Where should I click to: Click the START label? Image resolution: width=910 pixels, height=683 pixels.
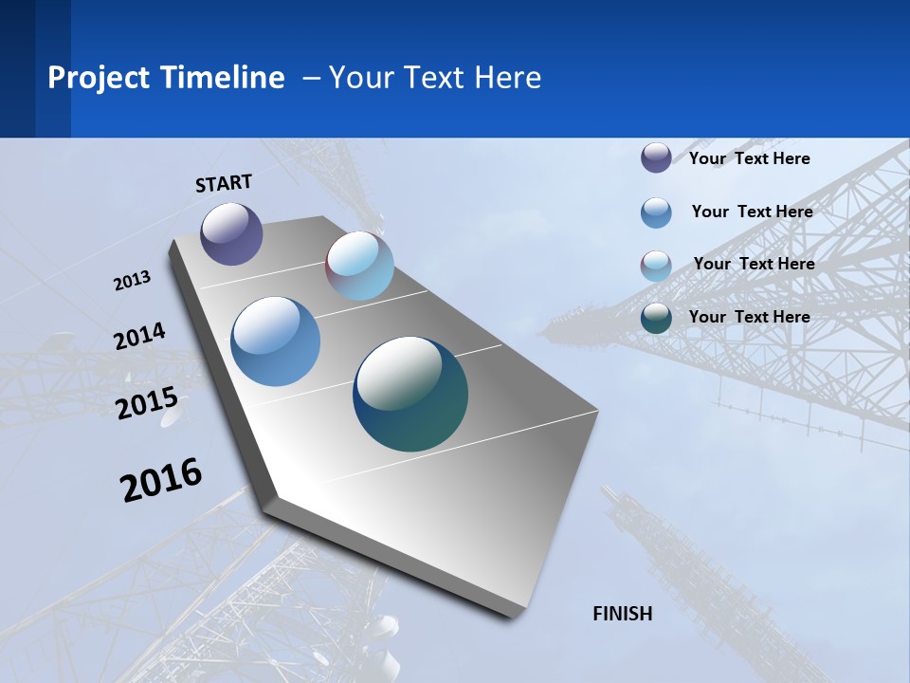coord(224,183)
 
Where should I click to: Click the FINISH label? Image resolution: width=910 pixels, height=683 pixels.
coord(623,614)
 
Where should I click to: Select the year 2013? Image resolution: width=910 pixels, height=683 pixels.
coord(132,281)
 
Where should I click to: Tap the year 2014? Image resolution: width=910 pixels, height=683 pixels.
coord(139,337)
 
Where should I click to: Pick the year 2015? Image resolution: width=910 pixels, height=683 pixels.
coord(147,404)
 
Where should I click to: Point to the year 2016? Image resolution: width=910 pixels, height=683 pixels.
coord(161,480)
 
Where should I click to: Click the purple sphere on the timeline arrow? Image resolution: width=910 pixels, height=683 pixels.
coord(231,233)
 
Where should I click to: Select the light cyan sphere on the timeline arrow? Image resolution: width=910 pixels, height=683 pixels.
coord(359,266)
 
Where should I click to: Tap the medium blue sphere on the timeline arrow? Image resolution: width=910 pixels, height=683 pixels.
coord(276,341)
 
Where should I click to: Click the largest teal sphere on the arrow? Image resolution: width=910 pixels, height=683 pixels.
coord(410,394)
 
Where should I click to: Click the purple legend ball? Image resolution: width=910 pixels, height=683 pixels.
coord(656,158)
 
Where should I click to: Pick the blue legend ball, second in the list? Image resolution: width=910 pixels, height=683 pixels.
coord(656,212)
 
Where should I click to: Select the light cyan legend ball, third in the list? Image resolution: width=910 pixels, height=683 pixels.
coord(656,265)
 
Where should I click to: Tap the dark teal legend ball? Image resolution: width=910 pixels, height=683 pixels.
coord(656,318)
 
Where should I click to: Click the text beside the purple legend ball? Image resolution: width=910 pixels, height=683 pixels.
coord(749,158)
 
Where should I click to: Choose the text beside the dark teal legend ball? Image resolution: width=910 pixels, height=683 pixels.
coord(749,317)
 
